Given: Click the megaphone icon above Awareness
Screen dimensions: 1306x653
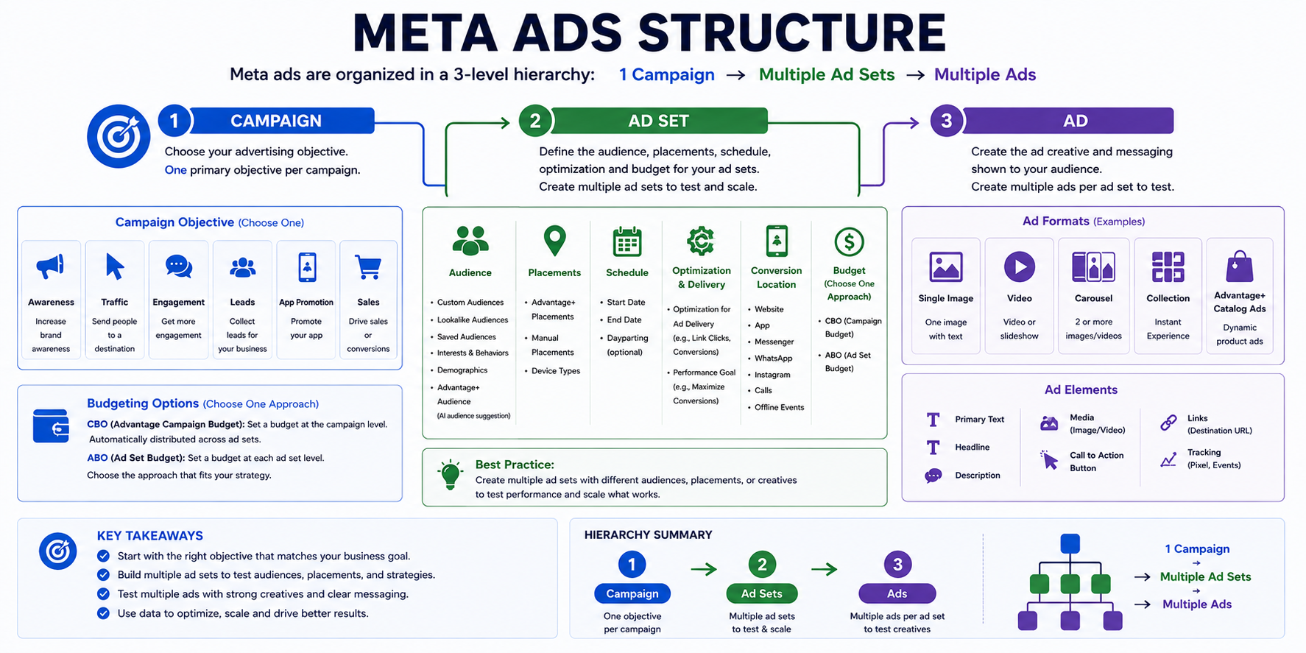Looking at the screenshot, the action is [50, 267].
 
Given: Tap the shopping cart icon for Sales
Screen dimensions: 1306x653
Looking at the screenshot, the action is [368, 267].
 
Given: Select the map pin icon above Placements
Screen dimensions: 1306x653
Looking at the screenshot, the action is [554, 241].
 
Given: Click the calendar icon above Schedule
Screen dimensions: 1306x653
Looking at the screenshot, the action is [627, 241].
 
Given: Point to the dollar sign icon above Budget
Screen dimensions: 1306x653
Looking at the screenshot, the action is [849, 241].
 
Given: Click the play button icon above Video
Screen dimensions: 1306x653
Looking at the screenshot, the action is [1020, 267].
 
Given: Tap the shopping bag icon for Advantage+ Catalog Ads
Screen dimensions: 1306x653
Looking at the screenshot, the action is [1240, 267].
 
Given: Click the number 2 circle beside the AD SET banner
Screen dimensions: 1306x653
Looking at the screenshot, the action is [535, 121].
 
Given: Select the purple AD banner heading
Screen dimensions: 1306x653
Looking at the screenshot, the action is [1068, 121].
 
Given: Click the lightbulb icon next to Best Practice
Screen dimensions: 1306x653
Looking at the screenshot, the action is [450, 475].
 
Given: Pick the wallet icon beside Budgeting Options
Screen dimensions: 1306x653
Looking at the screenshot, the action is [52, 426].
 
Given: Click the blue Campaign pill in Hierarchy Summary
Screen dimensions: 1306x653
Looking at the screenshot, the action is [632, 593].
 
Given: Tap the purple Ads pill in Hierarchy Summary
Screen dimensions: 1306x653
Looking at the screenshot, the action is [897, 593].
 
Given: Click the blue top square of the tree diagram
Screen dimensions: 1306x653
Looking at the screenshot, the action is [1070, 544].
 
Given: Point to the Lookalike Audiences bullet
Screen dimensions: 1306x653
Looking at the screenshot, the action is [470, 320].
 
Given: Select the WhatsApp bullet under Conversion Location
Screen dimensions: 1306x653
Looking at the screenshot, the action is [770, 359].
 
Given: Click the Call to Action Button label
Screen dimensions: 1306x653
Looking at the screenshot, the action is [1096, 462].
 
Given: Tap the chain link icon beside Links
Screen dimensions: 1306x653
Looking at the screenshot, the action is [1168, 423].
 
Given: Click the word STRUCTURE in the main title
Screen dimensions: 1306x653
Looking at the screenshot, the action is [791, 33].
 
